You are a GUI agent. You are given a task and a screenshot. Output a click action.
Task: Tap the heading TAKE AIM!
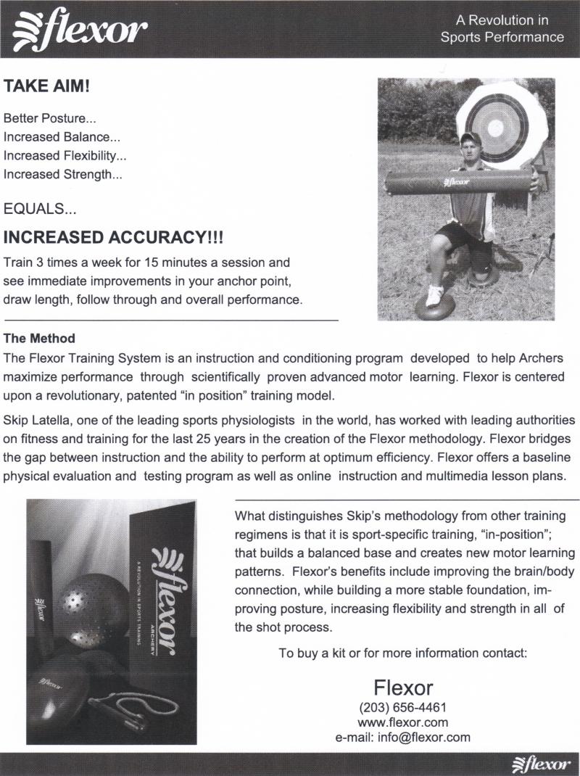(x=47, y=87)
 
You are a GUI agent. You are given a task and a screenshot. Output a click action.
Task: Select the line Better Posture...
(x=49, y=117)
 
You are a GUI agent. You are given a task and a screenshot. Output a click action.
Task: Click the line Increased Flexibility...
(x=65, y=155)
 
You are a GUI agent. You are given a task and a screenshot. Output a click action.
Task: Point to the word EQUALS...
(x=40, y=210)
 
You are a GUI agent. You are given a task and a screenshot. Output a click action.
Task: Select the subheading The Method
(x=39, y=339)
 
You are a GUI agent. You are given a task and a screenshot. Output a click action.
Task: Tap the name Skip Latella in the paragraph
(x=36, y=421)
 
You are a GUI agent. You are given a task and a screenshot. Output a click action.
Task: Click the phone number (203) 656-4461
(x=402, y=707)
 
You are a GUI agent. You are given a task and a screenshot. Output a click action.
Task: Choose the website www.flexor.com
(x=402, y=722)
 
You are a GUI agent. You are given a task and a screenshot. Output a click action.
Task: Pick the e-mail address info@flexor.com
(x=402, y=738)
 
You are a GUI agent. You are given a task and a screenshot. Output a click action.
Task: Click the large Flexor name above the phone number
(x=403, y=687)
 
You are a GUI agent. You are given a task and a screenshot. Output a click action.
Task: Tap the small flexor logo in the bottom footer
(x=542, y=764)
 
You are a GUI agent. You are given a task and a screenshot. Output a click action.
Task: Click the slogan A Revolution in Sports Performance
(x=502, y=28)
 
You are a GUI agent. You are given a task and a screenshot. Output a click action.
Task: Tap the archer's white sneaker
(x=435, y=294)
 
